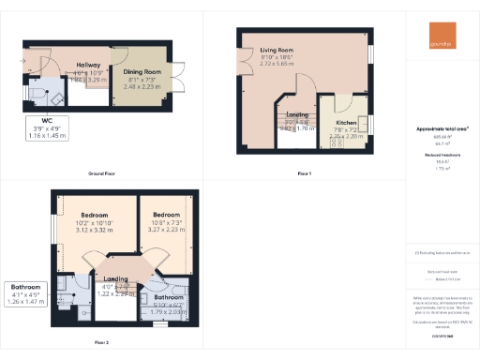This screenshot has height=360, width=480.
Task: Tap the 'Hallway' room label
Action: click(x=88, y=66)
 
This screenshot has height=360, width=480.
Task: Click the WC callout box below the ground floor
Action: click(x=40, y=128)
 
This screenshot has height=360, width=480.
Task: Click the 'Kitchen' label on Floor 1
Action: click(x=346, y=123)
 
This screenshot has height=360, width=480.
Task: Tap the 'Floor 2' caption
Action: click(x=101, y=342)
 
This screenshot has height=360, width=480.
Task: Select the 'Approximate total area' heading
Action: click(x=442, y=127)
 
